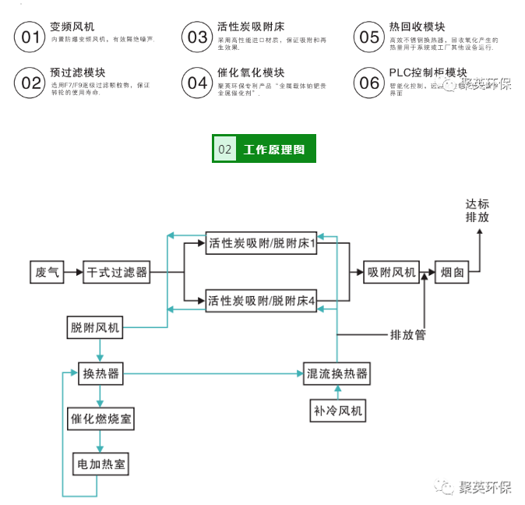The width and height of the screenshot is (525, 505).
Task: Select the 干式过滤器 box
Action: tap(117, 273)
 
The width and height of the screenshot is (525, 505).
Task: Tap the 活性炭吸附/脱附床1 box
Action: tap(262, 244)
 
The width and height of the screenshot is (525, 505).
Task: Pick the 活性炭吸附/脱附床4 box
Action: tap(262, 301)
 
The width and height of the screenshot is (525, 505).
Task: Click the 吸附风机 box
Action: tap(392, 273)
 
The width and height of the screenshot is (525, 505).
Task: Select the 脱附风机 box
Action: tap(94, 328)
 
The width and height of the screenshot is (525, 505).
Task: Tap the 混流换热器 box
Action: tap(336, 374)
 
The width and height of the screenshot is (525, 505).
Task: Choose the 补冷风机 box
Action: tap(337, 410)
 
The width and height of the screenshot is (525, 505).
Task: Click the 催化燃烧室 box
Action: tap(100, 418)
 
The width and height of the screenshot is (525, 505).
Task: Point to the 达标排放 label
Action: tap(477, 210)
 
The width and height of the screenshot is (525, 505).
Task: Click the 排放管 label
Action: tap(407, 335)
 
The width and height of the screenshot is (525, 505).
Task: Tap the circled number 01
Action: tap(31, 37)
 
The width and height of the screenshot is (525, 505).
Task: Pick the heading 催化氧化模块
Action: tap(251, 72)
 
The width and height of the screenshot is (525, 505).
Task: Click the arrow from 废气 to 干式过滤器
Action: tap(74, 273)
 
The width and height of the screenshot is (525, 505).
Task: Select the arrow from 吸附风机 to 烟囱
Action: tap(427, 273)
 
